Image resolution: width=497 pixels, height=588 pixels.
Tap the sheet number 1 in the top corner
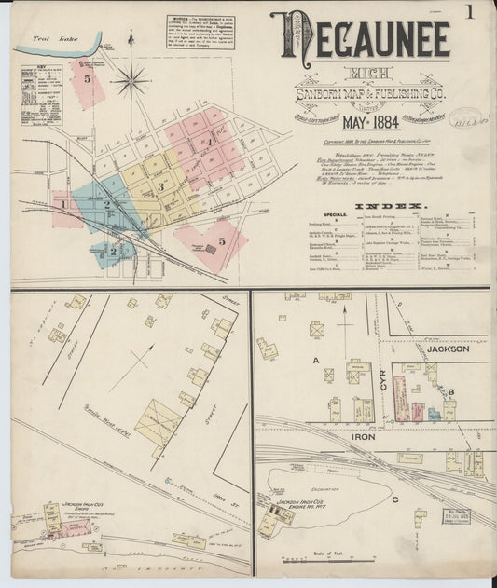[472, 12]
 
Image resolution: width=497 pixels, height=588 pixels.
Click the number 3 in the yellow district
[160, 186]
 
